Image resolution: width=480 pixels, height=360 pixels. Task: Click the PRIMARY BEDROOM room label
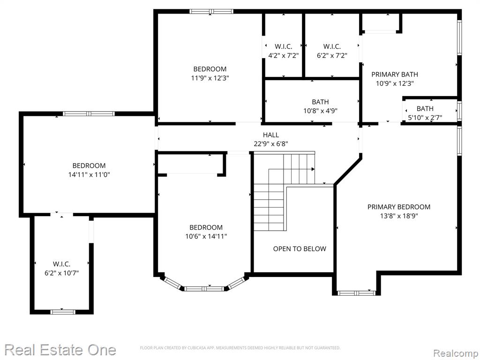point(398,207)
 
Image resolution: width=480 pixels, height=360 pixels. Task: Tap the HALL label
point(271,135)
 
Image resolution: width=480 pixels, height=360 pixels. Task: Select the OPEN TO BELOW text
point(300,248)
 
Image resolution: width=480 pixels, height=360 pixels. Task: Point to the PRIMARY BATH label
point(395,75)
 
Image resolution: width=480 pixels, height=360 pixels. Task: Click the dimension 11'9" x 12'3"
point(210,78)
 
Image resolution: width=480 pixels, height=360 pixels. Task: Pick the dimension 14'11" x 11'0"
point(89,175)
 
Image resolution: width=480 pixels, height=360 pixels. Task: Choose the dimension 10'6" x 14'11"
point(206,236)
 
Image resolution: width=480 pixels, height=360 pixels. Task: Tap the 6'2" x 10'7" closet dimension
point(62,273)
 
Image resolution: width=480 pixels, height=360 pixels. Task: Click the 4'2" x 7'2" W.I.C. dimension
point(284,55)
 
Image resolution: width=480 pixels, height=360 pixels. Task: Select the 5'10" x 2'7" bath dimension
point(425,118)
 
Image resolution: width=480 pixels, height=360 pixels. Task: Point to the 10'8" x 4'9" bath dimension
point(321,111)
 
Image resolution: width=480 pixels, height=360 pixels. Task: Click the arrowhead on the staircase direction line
point(313,169)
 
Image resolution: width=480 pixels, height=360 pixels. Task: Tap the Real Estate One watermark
point(60,350)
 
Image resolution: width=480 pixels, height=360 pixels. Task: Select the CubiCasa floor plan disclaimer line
point(240,348)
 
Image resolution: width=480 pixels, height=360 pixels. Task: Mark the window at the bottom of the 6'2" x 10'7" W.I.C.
point(63,312)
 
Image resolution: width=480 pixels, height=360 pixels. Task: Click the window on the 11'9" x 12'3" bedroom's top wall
point(211,12)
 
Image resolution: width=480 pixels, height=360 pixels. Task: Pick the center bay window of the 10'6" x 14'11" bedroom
point(205,288)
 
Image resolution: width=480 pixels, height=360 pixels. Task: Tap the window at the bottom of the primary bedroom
point(356,293)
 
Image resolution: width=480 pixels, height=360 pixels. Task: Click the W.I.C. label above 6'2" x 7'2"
point(332,46)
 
